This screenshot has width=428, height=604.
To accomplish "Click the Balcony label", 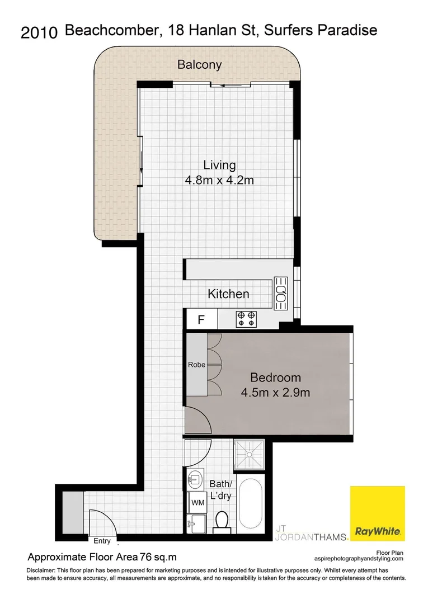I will point(199,64).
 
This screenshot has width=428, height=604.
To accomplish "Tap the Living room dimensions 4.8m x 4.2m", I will point(219,180).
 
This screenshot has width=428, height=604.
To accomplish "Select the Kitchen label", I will point(228,294).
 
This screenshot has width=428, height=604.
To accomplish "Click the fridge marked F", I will point(201,320).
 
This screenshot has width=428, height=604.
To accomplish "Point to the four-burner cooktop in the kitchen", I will point(247,319).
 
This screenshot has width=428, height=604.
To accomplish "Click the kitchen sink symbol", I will point(280,290).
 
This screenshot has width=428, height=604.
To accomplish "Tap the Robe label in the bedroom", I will point(196,365).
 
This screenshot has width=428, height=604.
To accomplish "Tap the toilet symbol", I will point(222,519).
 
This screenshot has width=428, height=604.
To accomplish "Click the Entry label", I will point(102,541).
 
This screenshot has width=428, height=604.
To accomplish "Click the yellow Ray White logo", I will point(378,514).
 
